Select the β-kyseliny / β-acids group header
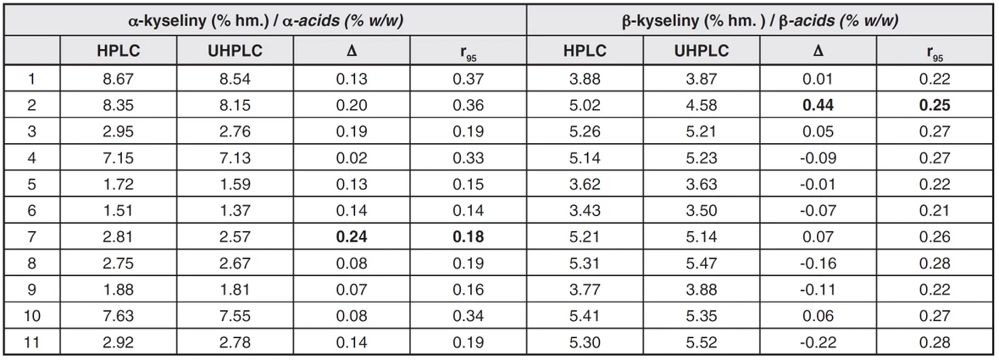coord(760,20)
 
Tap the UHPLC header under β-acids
coord(701,51)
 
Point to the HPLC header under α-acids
coord(118,51)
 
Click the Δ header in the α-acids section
coord(351,51)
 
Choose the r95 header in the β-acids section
coord(935,52)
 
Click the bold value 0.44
coord(818,106)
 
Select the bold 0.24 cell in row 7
coord(351,238)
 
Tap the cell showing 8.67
coord(118,80)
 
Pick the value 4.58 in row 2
coord(701,106)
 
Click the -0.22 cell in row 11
coord(818,343)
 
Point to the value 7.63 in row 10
coord(118,317)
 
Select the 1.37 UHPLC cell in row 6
coord(235,212)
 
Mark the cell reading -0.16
coord(818,264)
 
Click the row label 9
coord(32,291)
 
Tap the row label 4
coord(32,158)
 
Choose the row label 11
coord(32,343)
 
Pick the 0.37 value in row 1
coord(468,80)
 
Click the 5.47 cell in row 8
coord(701,264)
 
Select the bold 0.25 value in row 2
coord(935,106)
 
